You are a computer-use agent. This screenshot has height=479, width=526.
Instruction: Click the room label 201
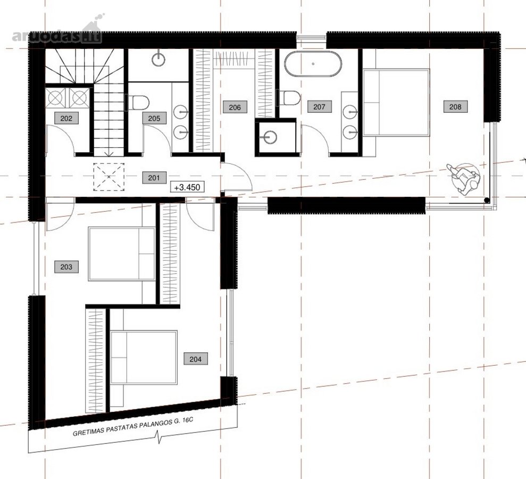(154, 178)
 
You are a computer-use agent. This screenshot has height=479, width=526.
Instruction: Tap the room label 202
(66, 118)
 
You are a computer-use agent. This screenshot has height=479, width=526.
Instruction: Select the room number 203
(66, 267)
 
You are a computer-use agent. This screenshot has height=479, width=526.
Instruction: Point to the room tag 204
(196, 359)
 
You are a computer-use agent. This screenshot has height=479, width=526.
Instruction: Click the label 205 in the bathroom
(154, 118)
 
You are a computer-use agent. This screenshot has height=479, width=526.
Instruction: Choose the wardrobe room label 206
(235, 107)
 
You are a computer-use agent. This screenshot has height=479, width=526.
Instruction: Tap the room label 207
(319, 107)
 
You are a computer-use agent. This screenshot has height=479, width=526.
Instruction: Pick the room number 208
(455, 107)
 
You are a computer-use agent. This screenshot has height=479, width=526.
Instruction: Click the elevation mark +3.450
(187, 187)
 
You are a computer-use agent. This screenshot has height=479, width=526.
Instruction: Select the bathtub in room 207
(313, 64)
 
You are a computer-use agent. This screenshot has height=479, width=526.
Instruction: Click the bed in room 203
(122, 254)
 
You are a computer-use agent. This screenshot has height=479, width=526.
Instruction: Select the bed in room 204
(144, 357)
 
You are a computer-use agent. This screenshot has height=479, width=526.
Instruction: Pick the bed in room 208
(397, 102)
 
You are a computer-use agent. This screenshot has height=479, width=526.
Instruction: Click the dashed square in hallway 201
(108, 177)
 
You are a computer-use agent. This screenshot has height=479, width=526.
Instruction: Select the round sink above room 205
(158, 60)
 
